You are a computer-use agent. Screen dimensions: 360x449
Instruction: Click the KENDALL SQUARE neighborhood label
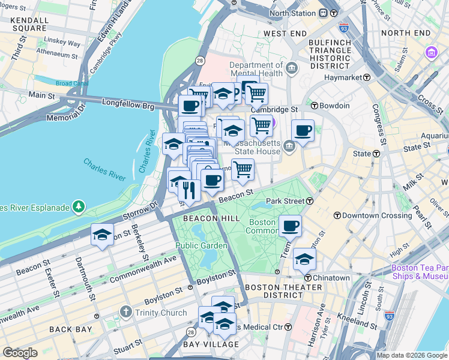29,23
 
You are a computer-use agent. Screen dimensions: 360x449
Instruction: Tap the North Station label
292,13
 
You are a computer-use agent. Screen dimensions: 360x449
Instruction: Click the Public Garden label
201,245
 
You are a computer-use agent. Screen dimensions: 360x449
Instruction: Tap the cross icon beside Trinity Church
125,312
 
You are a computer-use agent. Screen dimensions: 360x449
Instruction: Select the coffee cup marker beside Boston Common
290,226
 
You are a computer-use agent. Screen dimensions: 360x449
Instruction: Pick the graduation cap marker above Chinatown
305,259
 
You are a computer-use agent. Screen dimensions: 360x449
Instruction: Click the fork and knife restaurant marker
189,191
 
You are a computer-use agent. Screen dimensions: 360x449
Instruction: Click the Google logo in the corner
20,353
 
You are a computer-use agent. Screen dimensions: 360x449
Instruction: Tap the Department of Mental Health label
256,70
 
